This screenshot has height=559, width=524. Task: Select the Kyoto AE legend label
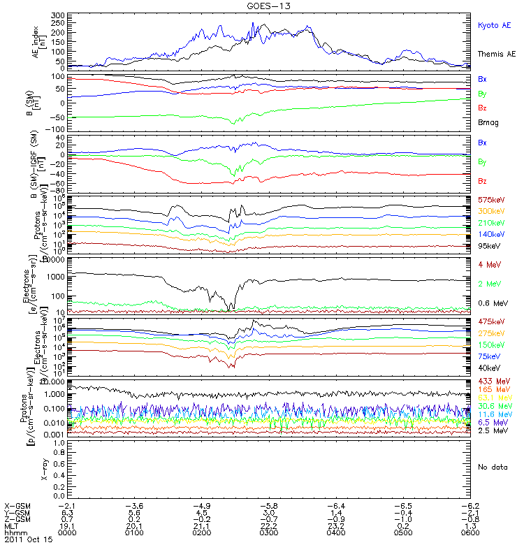coord(494,25)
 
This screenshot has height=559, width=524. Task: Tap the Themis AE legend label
coord(496,54)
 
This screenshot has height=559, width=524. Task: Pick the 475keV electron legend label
coord(490,321)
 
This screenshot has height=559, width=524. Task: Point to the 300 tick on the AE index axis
coord(39,15)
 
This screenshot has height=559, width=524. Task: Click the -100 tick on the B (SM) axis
coord(36,129)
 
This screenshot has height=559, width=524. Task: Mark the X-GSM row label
coord(17,505)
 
